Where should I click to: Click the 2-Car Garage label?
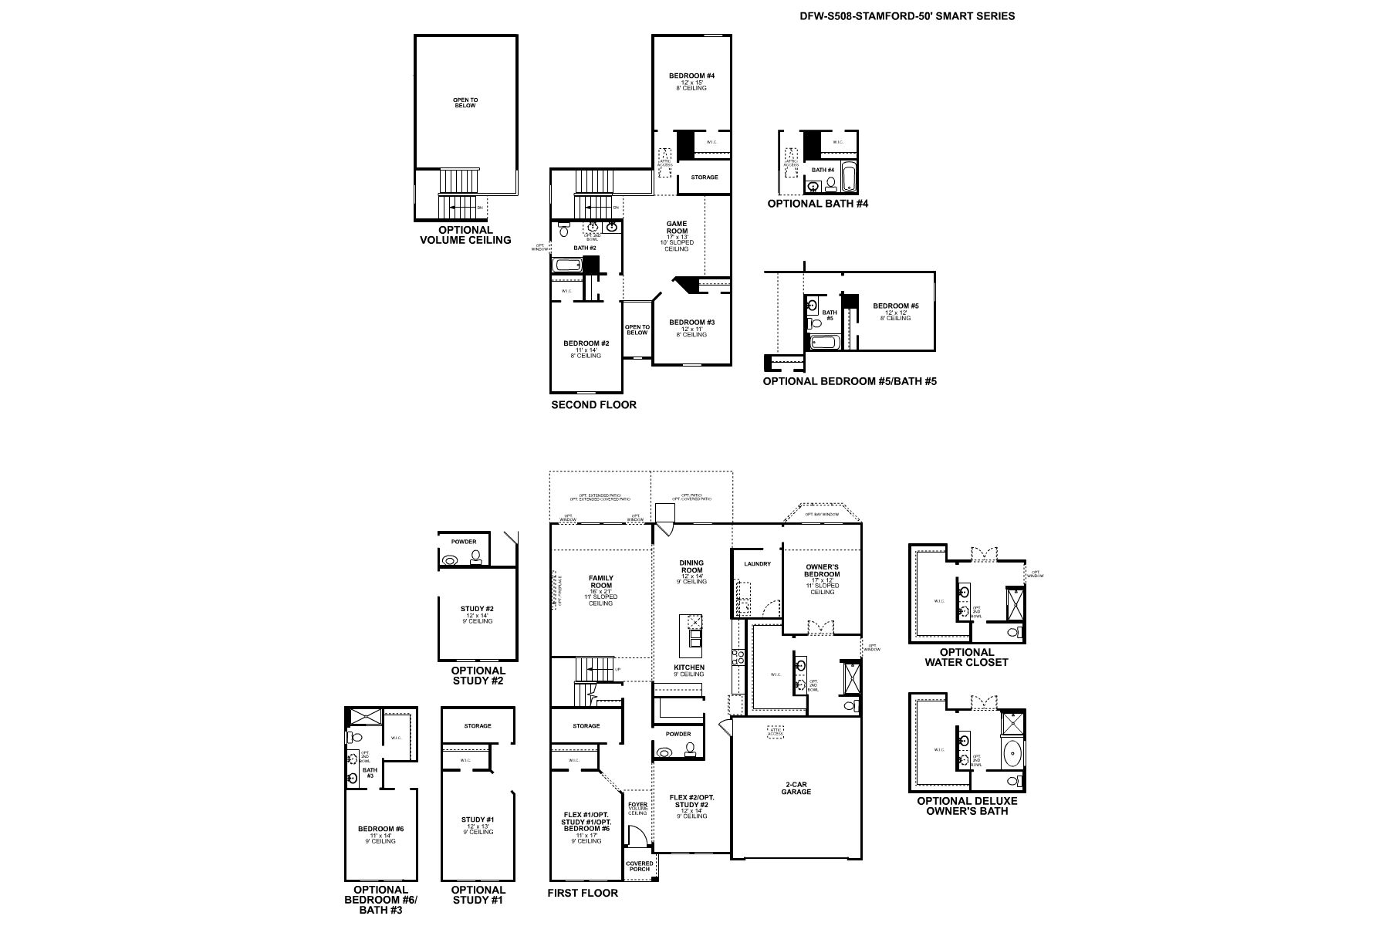click(796, 788)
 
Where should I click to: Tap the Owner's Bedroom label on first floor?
click(822, 570)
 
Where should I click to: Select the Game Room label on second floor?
click(676, 228)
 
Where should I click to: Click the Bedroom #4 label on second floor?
click(691, 76)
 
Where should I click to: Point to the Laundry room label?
click(757, 564)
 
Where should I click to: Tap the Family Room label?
click(600, 582)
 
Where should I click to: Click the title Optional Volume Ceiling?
click(465, 235)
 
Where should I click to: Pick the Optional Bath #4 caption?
click(818, 204)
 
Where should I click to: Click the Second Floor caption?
click(593, 404)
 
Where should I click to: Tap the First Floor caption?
click(583, 893)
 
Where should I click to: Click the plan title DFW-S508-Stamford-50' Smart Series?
click(907, 15)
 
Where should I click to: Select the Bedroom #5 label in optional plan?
click(896, 306)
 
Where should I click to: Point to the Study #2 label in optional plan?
click(478, 610)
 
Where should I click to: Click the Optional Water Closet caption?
click(966, 657)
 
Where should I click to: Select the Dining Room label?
click(691, 566)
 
